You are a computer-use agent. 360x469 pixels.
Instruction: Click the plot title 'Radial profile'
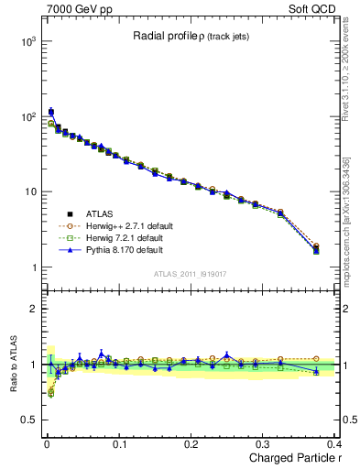(160, 36)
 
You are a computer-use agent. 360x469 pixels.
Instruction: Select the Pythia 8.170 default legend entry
(104, 248)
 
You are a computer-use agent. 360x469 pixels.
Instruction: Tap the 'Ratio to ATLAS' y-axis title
(12, 365)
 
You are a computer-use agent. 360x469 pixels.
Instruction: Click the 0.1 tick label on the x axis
(118, 444)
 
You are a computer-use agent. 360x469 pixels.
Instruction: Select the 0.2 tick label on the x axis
(191, 444)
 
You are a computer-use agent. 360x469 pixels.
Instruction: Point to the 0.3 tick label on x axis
(263, 444)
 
